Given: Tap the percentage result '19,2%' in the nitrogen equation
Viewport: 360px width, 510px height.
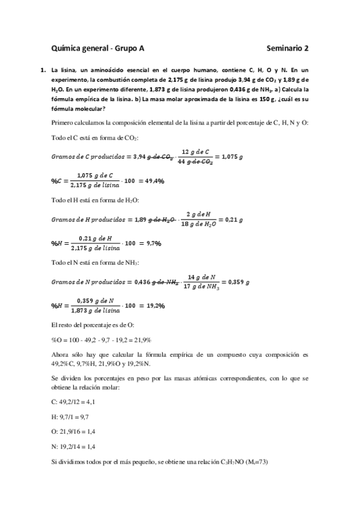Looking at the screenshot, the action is coord(152,305).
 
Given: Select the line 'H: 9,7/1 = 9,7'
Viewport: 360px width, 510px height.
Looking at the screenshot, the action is coord(73,415).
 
